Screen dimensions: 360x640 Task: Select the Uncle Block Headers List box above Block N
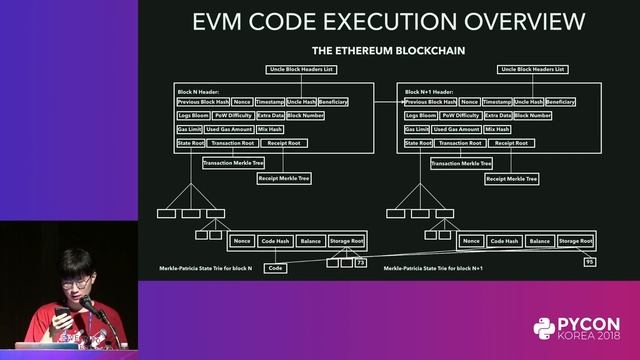click(x=304, y=69)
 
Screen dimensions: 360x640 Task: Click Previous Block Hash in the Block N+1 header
click(x=430, y=102)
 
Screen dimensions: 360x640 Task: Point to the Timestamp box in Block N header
click(x=269, y=102)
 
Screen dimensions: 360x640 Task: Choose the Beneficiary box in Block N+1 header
click(x=561, y=102)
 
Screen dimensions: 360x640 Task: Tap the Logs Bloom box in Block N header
click(x=193, y=116)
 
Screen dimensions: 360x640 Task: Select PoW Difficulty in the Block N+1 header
click(x=460, y=116)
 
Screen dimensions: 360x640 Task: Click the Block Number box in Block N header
click(x=306, y=116)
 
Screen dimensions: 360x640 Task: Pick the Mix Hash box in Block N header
click(x=270, y=130)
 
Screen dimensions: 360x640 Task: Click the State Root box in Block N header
click(x=191, y=143)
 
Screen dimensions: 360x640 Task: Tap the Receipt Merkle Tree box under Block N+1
click(x=511, y=179)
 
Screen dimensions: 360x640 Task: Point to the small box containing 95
click(x=589, y=262)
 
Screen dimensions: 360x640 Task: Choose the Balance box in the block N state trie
click(x=311, y=241)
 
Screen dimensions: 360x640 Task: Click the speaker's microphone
click(x=88, y=302)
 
